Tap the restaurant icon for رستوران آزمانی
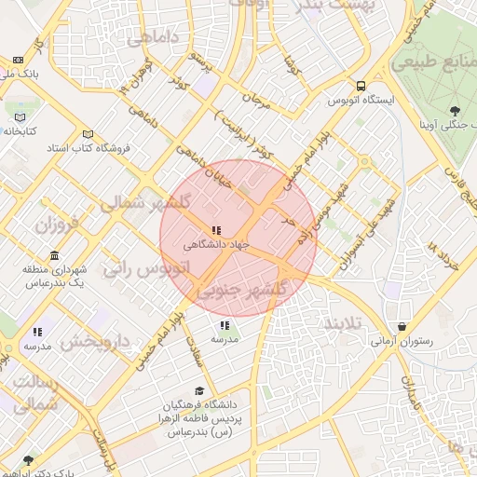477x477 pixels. [x=402, y=326]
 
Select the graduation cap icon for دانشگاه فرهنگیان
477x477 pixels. [x=199, y=391]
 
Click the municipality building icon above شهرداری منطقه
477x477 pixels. [x=54, y=256]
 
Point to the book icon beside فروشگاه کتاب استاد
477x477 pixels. [x=88, y=133]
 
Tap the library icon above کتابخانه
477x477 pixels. [x=20, y=117]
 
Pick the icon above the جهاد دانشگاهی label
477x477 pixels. [x=216, y=230]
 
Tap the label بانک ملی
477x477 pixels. [x=19, y=73]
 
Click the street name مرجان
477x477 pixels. [x=255, y=99]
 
